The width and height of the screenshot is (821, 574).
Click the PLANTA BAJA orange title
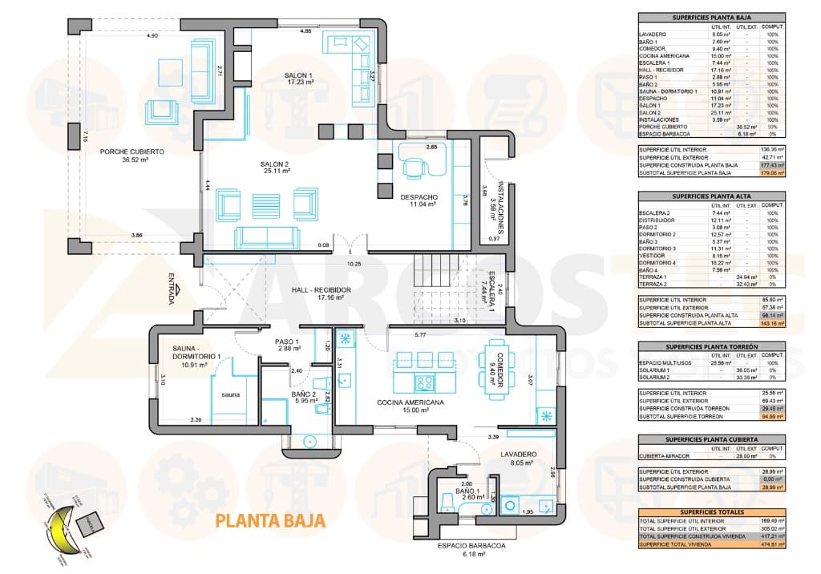click(x=270, y=520)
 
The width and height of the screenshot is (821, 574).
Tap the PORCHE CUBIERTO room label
click(x=132, y=152)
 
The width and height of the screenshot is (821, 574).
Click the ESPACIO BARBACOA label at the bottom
click(x=471, y=546)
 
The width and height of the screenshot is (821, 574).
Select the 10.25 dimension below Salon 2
click(x=354, y=264)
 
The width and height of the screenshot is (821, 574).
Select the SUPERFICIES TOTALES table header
click(x=711, y=511)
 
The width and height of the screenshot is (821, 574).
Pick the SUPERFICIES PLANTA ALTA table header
click(x=711, y=195)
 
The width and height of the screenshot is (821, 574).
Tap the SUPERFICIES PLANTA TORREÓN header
click(x=711, y=347)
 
